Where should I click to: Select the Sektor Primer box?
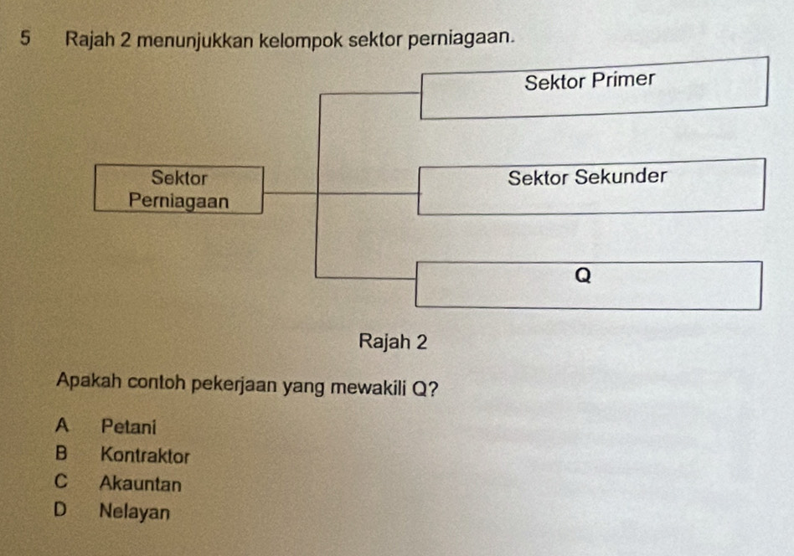[x=593, y=88]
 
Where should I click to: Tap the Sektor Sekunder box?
[x=590, y=186]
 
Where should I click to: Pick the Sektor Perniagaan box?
[x=179, y=190]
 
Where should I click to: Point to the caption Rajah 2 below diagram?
[x=393, y=342]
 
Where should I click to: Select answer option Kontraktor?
[x=145, y=456]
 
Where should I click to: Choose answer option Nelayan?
[x=134, y=510]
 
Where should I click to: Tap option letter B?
[x=60, y=455]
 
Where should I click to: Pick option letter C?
[x=59, y=483]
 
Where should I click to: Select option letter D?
[x=59, y=509]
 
